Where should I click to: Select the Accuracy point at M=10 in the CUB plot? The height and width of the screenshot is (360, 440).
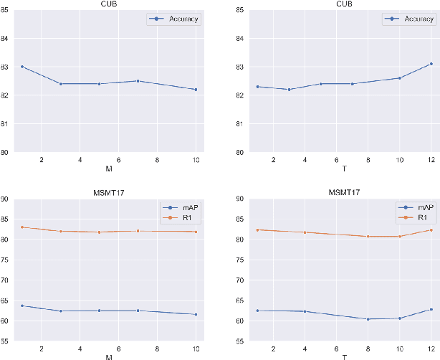[x=196, y=90]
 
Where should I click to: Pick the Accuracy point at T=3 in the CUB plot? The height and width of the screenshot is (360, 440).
[x=289, y=90]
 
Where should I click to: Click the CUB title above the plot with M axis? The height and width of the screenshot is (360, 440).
[x=109, y=4]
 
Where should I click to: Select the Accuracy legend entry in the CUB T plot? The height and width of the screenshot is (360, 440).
[x=415, y=19]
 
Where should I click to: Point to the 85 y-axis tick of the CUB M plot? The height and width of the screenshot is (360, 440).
[x=6, y=10]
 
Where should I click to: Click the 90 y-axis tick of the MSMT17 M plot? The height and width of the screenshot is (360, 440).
[x=6, y=199]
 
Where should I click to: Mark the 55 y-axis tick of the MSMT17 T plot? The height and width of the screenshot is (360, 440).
[x=241, y=341]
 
